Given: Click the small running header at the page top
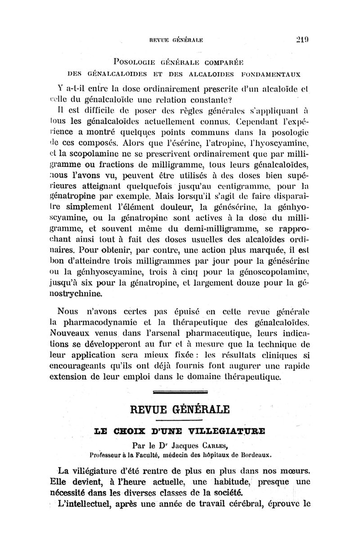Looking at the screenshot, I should tap(180, 39).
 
